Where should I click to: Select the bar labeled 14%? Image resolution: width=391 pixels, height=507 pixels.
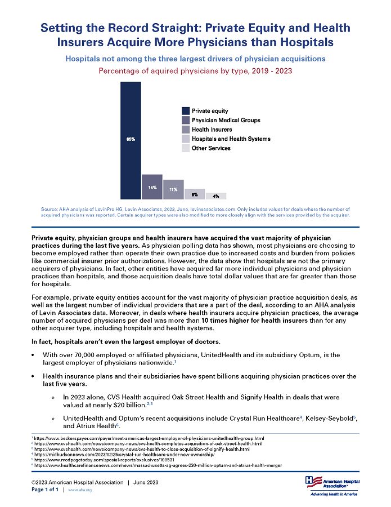pyautogui.click(x=152, y=186)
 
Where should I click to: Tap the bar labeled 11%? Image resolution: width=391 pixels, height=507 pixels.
pyautogui.click(x=173, y=189)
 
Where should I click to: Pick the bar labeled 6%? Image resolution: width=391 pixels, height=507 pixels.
pyautogui.click(x=195, y=194)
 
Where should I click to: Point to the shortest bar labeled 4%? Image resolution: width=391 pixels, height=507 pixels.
pyautogui.click(x=216, y=196)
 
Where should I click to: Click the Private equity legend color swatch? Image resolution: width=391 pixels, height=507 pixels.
pyautogui.click(x=185, y=111)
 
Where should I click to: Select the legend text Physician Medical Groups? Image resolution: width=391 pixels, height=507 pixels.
pyautogui.click(x=226, y=121)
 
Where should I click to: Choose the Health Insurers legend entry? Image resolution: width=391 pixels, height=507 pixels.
pyautogui.click(x=212, y=130)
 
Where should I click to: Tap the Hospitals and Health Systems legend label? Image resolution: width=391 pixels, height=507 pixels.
pyautogui.click(x=231, y=139)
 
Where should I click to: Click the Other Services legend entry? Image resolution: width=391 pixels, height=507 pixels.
pyautogui.click(x=211, y=148)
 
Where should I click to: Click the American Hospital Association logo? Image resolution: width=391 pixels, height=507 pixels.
pyautogui.click(x=331, y=485)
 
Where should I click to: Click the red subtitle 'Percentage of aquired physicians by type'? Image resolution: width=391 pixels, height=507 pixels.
pyautogui.click(x=195, y=71)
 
